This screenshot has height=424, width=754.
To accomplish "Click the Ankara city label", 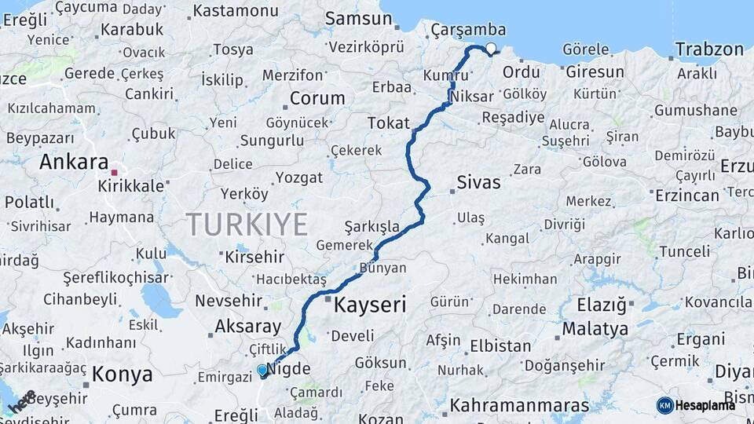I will [x=74, y=163].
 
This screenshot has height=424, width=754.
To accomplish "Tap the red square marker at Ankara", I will [x=115, y=173].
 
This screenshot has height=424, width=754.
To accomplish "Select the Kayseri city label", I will [x=370, y=305].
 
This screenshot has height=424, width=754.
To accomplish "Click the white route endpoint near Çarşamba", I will [x=491, y=49].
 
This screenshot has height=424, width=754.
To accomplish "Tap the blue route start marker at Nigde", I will [x=262, y=370].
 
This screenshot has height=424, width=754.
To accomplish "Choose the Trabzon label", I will [x=708, y=49].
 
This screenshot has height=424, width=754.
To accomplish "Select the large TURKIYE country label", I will [x=247, y=225].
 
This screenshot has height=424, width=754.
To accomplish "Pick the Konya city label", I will [x=122, y=375].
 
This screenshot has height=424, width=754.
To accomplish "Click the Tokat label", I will [x=389, y=122].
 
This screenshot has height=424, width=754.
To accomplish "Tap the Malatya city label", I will [x=595, y=328].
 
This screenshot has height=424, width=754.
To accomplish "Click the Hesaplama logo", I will [x=696, y=405].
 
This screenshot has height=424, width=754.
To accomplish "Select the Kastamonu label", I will [x=236, y=11].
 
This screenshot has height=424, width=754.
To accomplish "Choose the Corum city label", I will [x=317, y=99].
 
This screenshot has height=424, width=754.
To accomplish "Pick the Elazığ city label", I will [x=602, y=304].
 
